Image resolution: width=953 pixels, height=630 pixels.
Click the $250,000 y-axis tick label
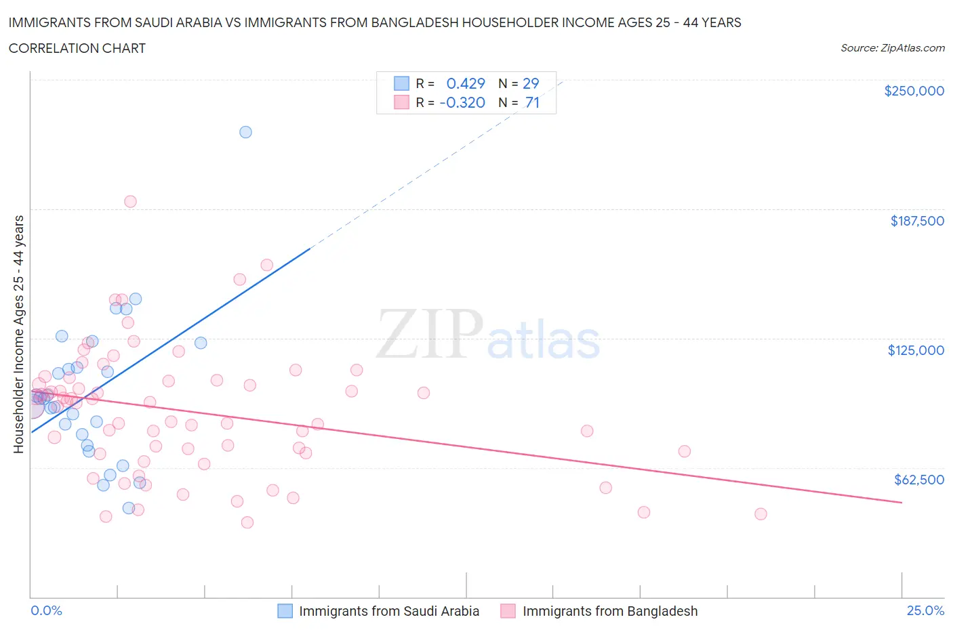914,91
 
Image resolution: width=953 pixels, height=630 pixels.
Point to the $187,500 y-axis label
917,221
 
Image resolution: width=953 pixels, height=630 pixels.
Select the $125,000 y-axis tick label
916,350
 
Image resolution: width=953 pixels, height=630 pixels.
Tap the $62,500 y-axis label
919,480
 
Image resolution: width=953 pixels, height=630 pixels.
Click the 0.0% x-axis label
46,610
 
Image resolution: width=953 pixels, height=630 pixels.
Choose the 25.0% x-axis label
925,610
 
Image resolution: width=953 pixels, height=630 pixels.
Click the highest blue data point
245,132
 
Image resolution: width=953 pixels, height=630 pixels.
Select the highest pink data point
130,201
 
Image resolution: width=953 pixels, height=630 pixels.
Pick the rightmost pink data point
761,514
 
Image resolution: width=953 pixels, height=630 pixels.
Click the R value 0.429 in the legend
466,83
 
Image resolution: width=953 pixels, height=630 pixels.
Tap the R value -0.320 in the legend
462,102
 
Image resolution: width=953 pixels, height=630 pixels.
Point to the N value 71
532,102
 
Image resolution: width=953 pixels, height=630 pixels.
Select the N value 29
531,83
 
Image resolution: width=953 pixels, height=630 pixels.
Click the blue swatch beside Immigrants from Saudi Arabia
285,611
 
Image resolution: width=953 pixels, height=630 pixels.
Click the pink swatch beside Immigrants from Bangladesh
508,611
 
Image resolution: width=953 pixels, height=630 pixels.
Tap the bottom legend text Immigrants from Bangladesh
610,611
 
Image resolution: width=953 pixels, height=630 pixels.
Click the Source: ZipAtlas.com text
892,47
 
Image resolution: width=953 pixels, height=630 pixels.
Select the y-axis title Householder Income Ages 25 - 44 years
18,334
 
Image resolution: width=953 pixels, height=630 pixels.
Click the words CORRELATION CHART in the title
77,48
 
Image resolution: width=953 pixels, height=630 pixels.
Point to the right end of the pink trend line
901,502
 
